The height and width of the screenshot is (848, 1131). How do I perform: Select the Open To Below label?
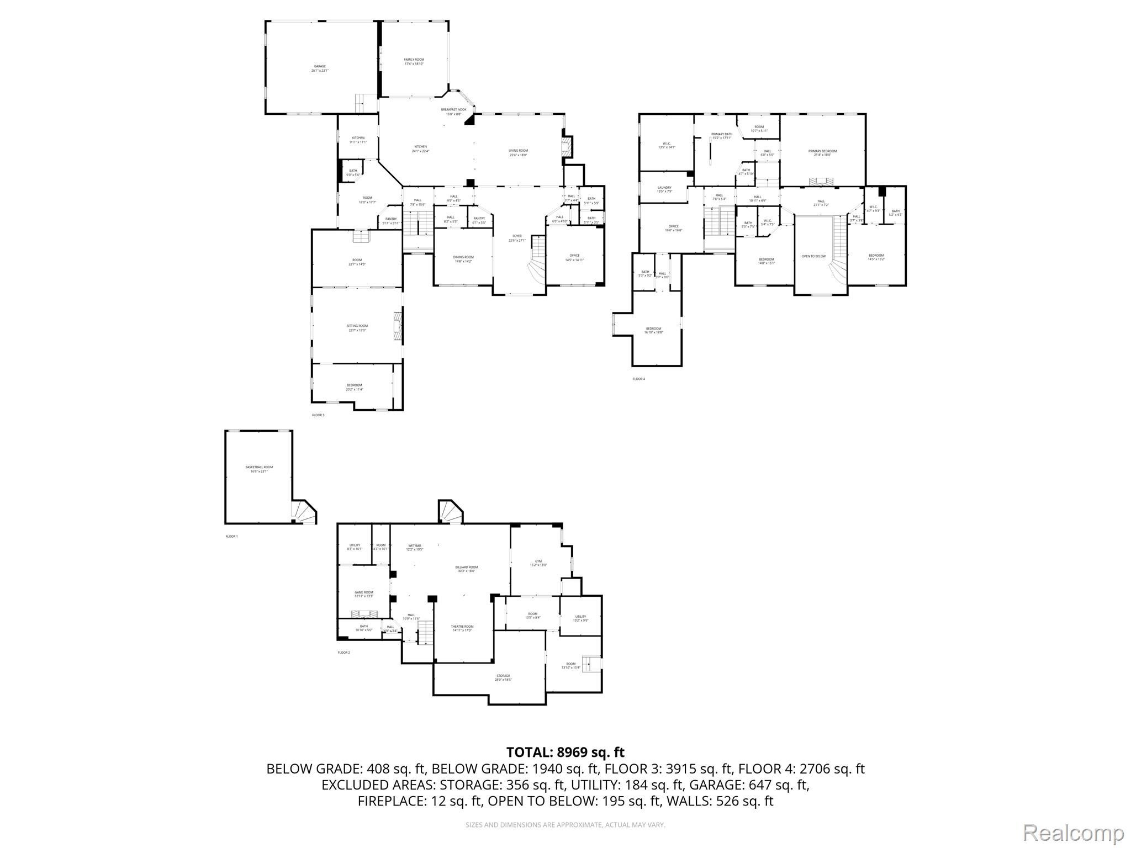[x=813, y=256]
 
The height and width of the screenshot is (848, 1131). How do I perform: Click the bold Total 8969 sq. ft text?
[x=565, y=752]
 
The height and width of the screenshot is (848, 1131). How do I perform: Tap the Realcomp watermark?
[x=1074, y=833]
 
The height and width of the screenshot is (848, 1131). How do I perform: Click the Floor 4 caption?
[x=638, y=379]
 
